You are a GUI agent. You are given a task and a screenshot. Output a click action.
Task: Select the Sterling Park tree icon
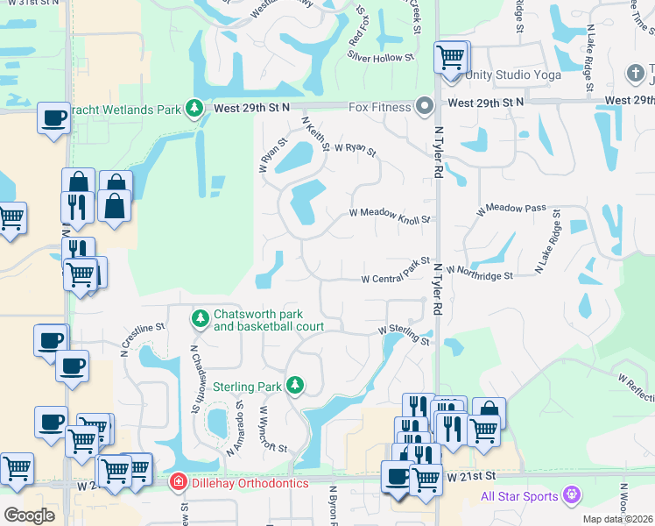296,386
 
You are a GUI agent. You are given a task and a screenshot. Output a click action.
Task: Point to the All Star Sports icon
574,496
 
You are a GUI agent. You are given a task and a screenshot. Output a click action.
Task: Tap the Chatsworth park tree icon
201,318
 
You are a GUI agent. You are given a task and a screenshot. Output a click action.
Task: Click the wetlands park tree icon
194,109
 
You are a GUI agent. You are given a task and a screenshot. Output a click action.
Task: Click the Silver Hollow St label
380,57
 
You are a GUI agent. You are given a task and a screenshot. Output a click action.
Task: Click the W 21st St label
470,476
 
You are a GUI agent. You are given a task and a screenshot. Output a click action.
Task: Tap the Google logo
29,515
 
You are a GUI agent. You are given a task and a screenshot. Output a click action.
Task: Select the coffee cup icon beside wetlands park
53,117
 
